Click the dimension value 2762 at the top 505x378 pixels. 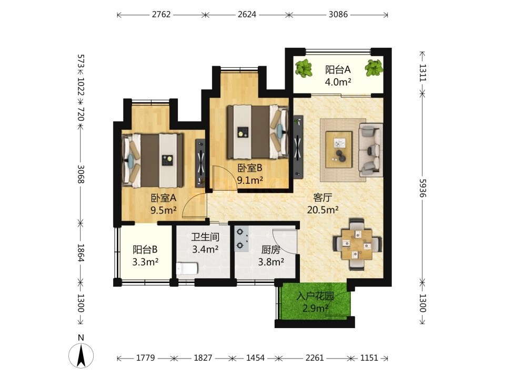point(161,15)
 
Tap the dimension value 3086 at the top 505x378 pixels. point(338,15)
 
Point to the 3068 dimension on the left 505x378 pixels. point(80,174)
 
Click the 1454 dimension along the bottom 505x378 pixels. point(256,358)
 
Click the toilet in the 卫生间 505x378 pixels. point(187,268)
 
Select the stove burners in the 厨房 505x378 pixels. point(241,238)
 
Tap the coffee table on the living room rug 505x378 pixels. point(339,150)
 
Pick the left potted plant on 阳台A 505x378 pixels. point(304,68)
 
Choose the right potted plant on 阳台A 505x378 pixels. point(374,68)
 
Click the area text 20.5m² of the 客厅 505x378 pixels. point(322,210)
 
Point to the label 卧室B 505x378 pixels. point(250,168)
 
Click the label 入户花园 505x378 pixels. point(315,296)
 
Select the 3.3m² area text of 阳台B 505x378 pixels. point(145,262)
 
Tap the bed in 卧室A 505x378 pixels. point(153,161)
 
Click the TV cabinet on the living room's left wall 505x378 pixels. point(298,146)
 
